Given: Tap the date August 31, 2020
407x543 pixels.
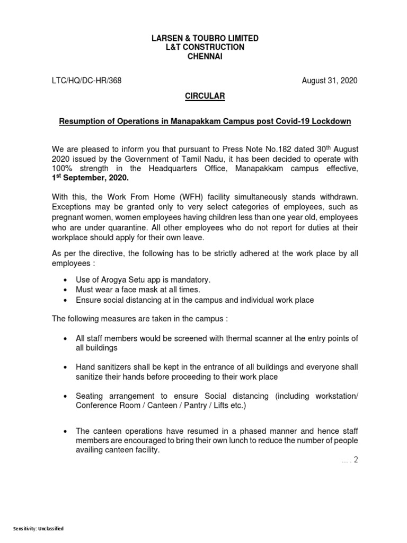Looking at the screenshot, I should tap(330, 81).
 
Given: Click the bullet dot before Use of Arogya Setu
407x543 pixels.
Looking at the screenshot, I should tap(65, 280).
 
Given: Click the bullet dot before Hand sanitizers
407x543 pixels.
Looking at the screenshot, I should tap(65, 367).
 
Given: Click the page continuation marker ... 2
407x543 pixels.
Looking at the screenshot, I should tap(350, 460).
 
